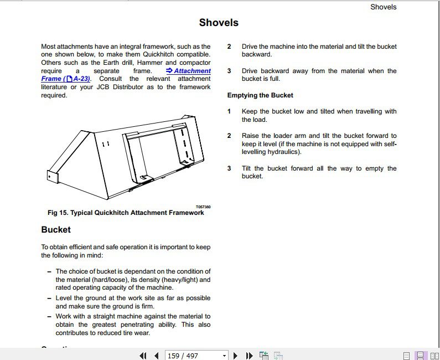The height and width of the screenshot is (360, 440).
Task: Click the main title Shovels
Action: (x=219, y=23)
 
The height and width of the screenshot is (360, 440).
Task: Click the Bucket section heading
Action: (x=56, y=229)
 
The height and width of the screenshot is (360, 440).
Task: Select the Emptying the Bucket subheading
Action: (x=260, y=95)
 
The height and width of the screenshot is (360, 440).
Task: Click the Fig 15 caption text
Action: (x=126, y=213)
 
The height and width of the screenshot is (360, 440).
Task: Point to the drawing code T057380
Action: (x=203, y=207)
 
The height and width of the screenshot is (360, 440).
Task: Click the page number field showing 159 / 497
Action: (x=191, y=356)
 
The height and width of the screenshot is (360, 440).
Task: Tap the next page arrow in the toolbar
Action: (x=236, y=356)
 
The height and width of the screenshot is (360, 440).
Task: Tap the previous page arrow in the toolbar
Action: (x=156, y=356)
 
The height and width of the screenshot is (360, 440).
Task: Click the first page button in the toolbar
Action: (x=143, y=356)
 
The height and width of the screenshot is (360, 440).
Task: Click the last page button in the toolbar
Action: (x=249, y=356)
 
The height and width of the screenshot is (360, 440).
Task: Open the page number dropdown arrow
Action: (x=224, y=356)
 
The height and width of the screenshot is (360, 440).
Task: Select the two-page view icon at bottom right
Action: (x=433, y=356)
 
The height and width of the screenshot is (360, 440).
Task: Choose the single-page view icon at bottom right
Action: (x=407, y=356)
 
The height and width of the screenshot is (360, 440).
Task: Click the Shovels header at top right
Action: (x=383, y=7)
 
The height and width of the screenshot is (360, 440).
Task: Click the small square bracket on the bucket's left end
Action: (x=53, y=176)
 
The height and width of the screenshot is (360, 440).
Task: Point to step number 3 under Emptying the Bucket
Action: (x=229, y=168)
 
